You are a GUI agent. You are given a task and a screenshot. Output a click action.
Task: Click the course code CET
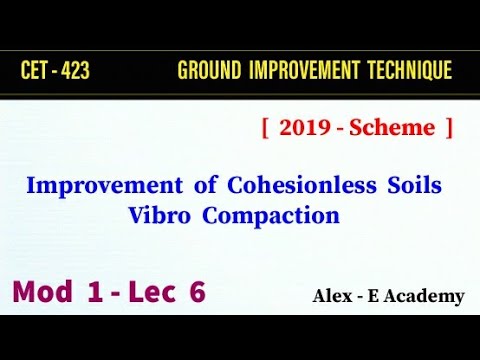(36, 71)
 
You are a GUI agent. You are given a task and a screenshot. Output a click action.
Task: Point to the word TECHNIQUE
(409, 71)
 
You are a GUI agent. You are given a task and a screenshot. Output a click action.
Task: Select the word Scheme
(400, 128)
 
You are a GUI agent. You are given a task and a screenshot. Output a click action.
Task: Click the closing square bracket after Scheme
(449, 128)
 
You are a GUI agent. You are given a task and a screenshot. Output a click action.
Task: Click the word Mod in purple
(46, 293)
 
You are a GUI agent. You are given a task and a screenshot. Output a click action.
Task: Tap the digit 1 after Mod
(99, 293)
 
